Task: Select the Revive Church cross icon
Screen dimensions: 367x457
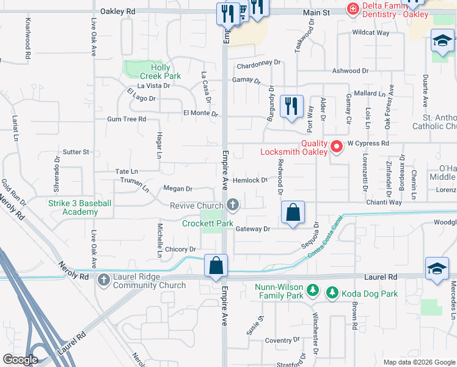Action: (232, 204)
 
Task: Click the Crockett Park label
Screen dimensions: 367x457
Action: (208, 224)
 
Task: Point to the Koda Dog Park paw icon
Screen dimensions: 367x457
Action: (332, 294)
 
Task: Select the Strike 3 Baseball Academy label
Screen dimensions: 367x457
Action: (80, 207)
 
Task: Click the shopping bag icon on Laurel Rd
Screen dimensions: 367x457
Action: (216, 267)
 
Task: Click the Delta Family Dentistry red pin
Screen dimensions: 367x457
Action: (353, 9)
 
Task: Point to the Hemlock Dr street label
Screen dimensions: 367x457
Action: (250, 180)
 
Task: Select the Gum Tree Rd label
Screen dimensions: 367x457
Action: (126, 119)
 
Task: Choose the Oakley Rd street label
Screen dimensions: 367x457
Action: (117, 12)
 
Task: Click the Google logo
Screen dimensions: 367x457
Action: (21, 360)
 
